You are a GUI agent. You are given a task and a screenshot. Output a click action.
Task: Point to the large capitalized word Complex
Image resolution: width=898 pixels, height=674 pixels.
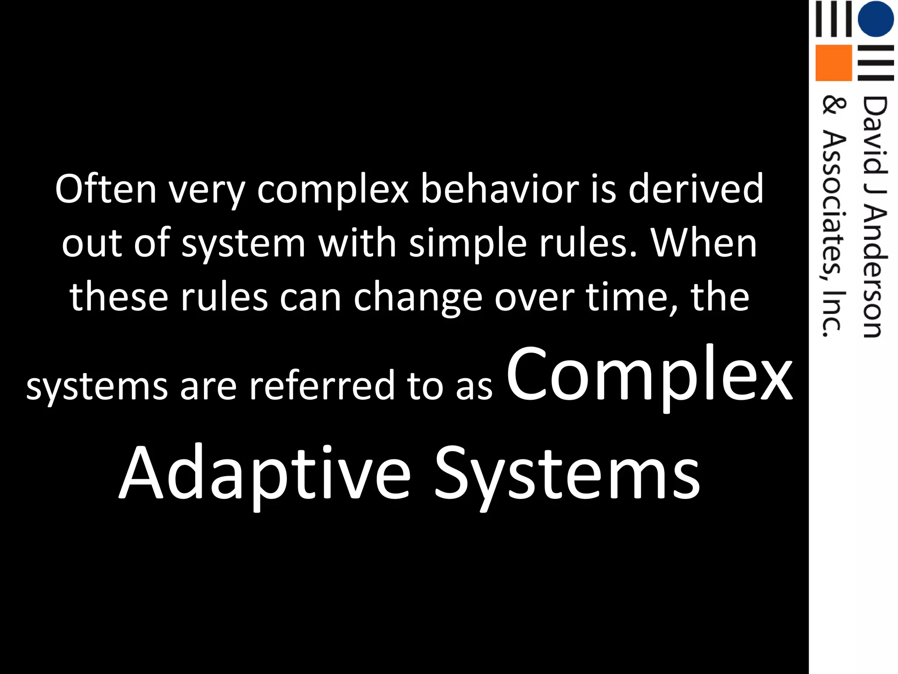pos(649,375)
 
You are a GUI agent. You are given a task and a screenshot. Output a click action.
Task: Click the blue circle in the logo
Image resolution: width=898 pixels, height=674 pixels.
pos(875,19)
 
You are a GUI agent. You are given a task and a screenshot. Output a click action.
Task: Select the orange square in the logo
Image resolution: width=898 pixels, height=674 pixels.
pos(833,63)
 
